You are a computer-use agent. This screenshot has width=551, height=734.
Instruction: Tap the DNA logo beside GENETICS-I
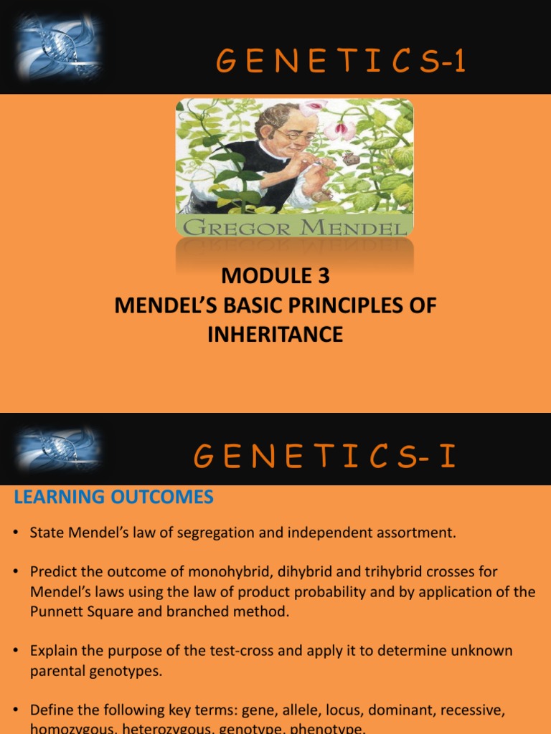(59, 449)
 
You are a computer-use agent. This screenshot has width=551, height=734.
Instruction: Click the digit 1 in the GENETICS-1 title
(458, 64)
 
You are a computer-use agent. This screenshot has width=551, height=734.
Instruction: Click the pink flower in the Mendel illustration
(339, 130)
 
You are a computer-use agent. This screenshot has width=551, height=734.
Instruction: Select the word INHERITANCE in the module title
(275, 334)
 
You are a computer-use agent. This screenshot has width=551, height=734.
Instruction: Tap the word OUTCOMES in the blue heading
(159, 497)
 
